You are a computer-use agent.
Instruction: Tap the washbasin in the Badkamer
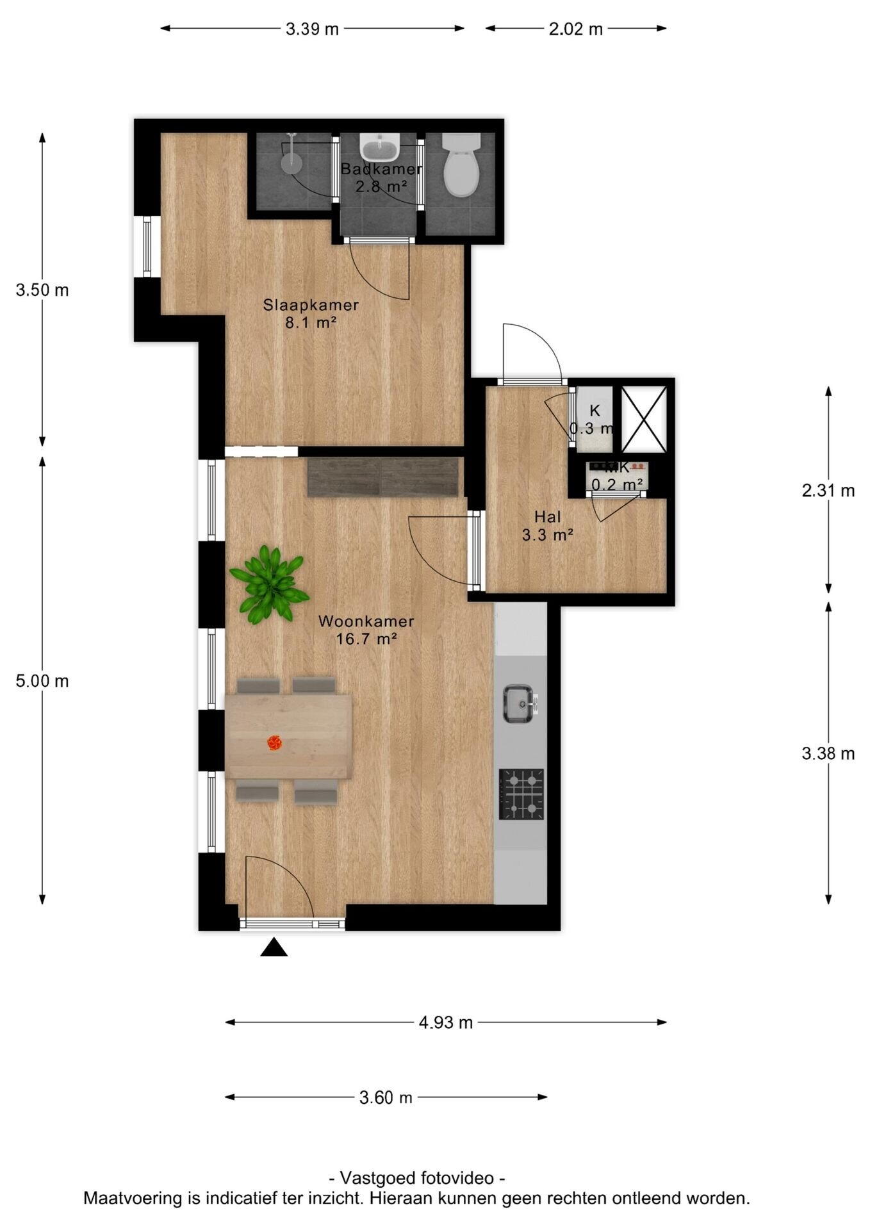(x=381, y=147)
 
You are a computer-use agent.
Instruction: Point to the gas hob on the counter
(x=521, y=794)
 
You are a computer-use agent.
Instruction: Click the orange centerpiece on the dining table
(x=274, y=742)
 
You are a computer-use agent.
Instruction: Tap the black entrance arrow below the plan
(x=274, y=947)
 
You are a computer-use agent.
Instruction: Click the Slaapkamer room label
(x=311, y=306)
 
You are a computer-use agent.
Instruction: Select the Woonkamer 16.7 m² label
(x=366, y=629)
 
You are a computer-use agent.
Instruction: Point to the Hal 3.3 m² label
(x=547, y=525)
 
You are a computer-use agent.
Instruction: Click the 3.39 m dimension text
(x=312, y=29)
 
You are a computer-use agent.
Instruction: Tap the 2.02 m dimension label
(x=576, y=29)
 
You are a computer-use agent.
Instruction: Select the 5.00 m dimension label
(x=42, y=681)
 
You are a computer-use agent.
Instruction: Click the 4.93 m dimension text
(x=446, y=1022)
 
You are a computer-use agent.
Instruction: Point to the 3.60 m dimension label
(x=386, y=1097)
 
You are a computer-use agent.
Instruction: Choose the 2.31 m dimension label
(x=828, y=491)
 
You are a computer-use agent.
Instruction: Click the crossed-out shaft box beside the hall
(x=644, y=419)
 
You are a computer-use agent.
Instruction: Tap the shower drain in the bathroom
(x=290, y=164)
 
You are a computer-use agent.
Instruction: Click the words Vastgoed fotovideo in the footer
(x=417, y=1178)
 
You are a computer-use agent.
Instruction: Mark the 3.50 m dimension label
(x=42, y=290)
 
